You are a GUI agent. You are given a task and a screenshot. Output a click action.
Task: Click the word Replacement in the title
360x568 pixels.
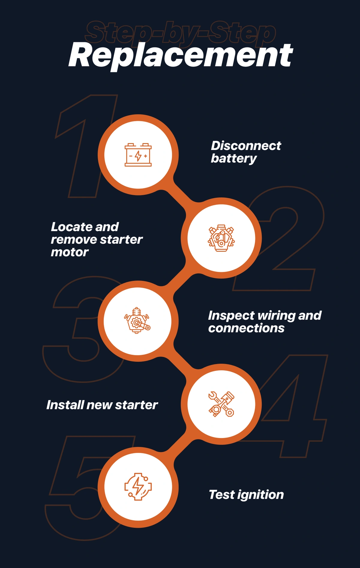pyautogui.click(x=181, y=56)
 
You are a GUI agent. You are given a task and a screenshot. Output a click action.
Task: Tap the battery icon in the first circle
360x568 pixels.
pyautogui.click(x=138, y=155)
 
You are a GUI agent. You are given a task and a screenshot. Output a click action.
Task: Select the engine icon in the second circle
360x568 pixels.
pyautogui.click(x=221, y=238)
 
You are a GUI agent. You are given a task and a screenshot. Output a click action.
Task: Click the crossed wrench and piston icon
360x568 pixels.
pyautogui.click(x=221, y=404)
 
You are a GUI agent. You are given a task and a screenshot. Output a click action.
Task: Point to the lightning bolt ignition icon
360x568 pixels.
pyautogui.click(x=138, y=487)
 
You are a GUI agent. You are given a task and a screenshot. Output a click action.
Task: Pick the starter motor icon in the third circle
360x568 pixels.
pyautogui.click(x=137, y=320)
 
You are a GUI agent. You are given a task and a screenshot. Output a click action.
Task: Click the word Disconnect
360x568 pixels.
pyautogui.click(x=246, y=146)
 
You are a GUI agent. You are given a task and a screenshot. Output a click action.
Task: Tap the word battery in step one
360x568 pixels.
pyautogui.click(x=234, y=158)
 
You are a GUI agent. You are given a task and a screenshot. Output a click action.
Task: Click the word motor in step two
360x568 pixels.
pyautogui.click(x=70, y=252)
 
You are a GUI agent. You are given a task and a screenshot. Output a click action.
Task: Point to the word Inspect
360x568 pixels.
pyautogui.click(x=231, y=316)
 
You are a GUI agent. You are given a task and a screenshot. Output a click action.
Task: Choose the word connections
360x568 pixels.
pyautogui.click(x=246, y=328)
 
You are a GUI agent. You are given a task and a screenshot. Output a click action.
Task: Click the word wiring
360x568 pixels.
pyautogui.click(x=276, y=316)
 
